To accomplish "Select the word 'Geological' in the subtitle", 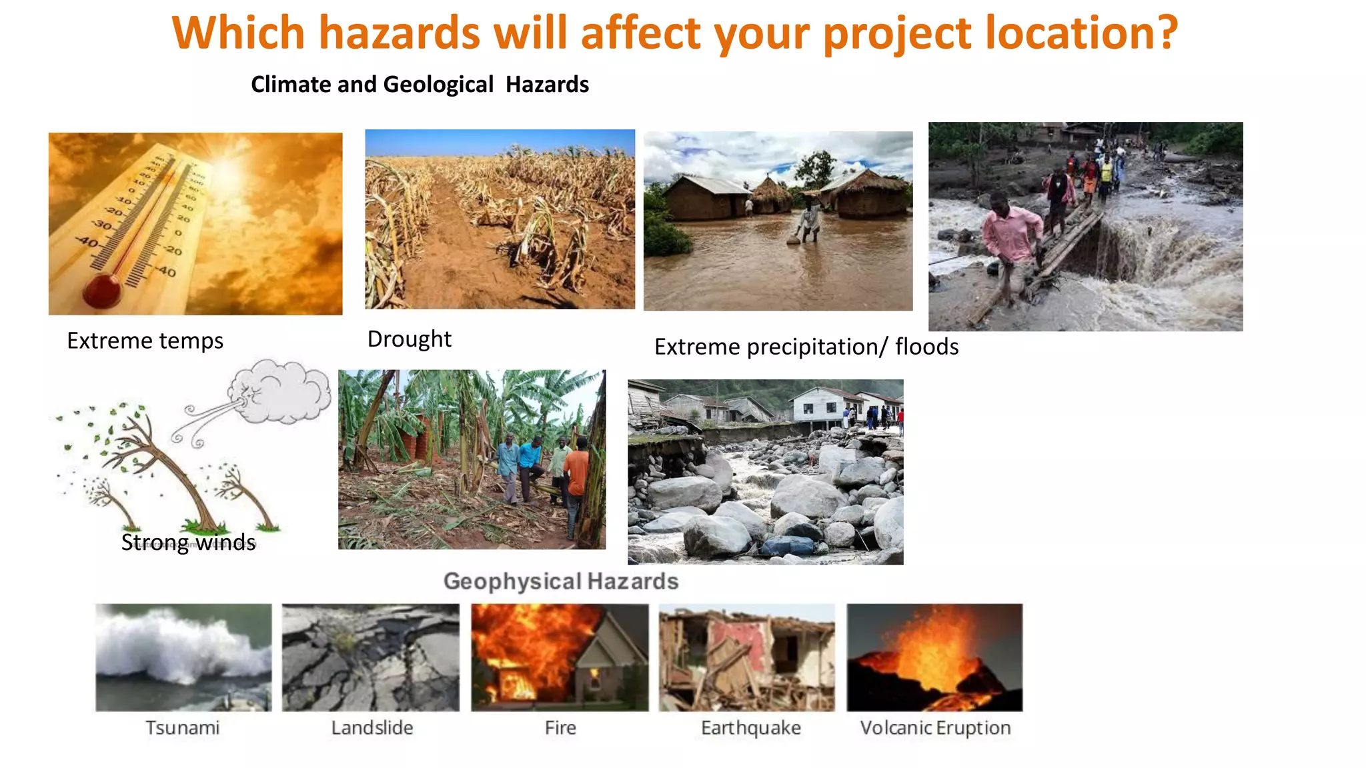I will pyautogui.click(x=438, y=85).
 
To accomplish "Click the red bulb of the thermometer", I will pyautogui.click(x=102, y=291).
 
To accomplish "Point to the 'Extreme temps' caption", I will pyautogui.click(x=145, y=341).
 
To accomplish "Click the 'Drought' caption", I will pyautogui.click(x=409, y=339).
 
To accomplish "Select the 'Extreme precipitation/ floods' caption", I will pyautogui.click(x=806, y=347).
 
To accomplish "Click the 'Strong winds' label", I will pyautogui.click(x=188, y=542).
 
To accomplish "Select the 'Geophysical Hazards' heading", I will pyautogui.click(x=560, y=581).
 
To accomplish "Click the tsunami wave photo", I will pyautogui.click(x=183, y=657).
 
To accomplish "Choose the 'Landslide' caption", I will pyautogui.click(x=372, y=727).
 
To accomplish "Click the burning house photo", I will pyautogui.click(x=560, y=657).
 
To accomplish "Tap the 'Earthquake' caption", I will pyautogui.click(x=750, y=728).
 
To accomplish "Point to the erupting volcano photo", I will pyautogui.click(x=934, y=657).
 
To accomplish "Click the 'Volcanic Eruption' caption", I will pyautogui.click(x=935, y=727).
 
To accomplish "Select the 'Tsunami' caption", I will pyautogui.click(x=182, y=727).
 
